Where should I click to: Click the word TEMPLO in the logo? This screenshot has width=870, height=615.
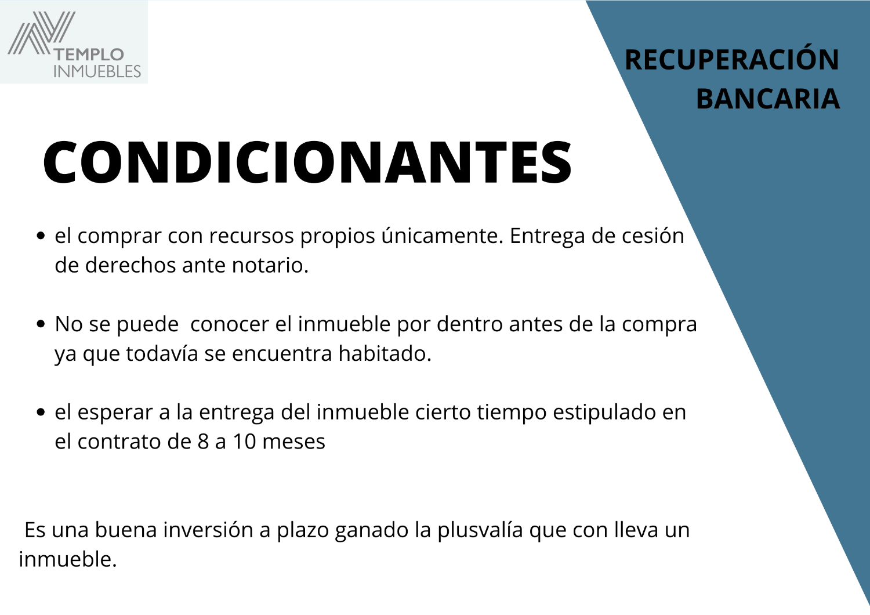[89, 55]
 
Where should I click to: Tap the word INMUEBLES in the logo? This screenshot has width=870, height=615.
[97, 71]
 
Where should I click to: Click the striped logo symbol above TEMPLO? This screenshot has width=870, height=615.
[41, 32]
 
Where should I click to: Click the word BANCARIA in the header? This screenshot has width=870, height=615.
[768, 99]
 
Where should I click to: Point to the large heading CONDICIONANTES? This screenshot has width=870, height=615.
[307, 162]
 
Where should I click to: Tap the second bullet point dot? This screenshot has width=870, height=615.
[41, 324]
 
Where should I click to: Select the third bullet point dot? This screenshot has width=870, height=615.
[41, 412]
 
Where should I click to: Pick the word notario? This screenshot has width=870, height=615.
[270, 265]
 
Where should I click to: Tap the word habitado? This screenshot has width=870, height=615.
[385, 353]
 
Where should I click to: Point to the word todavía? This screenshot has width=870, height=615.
[162, 353]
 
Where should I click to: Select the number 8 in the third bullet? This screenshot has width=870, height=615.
[204, 442]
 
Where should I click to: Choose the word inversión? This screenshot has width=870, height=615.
[208, 530]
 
